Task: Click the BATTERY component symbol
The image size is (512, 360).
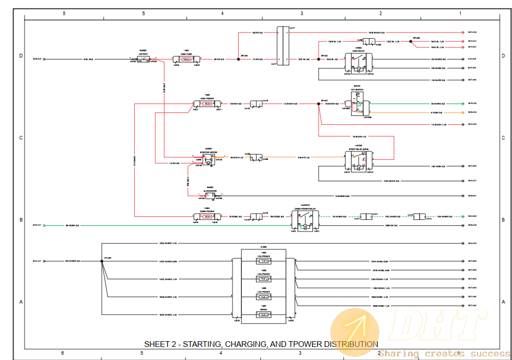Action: tap(143, 59)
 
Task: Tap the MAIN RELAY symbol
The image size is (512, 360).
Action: tap(358, 63)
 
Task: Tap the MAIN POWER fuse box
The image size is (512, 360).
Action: tap(207, 104)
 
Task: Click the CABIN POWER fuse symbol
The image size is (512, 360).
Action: tap(207, 216)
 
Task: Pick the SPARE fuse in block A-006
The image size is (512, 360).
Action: tap(264, 315)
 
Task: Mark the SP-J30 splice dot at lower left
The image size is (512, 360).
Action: tap(102, 261)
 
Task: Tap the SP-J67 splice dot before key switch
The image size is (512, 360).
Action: tap(318, 104)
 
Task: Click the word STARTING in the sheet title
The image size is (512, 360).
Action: tap(202, 344)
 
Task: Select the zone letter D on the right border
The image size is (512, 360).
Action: tap(503, 55)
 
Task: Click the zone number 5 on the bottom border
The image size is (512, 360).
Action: tap(142, 354)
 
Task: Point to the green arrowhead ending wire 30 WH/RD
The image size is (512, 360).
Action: tap(462, 104)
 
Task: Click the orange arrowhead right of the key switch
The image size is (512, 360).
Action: tap(462, 112)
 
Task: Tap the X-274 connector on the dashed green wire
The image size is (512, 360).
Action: tap(420, 216)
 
